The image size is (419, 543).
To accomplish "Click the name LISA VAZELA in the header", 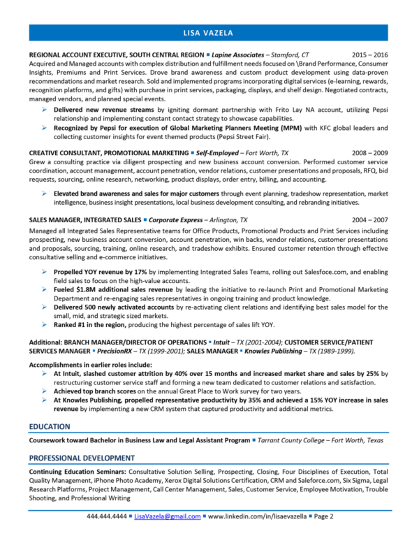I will pyautogui.click(x=209, y=33).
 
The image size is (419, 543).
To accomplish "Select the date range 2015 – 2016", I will pyautogui.click(x=369, y=54).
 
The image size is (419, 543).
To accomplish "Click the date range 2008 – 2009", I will pyautogui.click(x=369, y=152).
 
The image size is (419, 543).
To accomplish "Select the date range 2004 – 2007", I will pyautogui.click(x=369, y=219).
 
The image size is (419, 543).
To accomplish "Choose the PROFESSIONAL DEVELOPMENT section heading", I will pyautogui.click(x=82, y=458).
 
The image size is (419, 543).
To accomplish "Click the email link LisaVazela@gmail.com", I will pyautogui.click(x=166, y=516).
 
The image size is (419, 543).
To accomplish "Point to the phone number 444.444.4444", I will pyautogui.click(x=107, y=516).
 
